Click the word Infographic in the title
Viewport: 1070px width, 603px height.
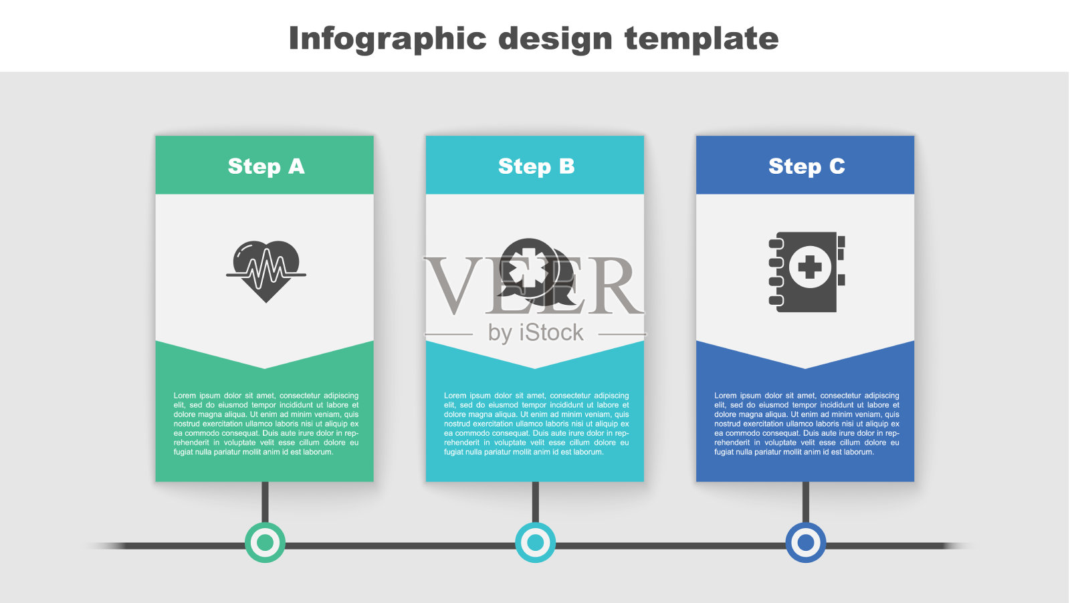pyautogui.click(x=387, y=39)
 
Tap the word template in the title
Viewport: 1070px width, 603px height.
pyautogui.click(x=702, y=39)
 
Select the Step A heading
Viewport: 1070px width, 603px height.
pyautogui.click(x=266, y=167)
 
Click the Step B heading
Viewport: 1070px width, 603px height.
pyautogui.click(x=536, y=167)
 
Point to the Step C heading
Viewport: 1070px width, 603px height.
pyautogui.click(x=807, y=166)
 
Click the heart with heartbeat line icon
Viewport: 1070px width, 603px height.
pyautogui.click(x=266, y=271)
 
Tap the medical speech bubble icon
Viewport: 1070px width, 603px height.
pyautogui.click(x=536, y=271)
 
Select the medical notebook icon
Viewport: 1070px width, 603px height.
pyautogui.click(x=807, y=271)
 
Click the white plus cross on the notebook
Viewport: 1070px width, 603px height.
pyautogui.click(x=810, y=267)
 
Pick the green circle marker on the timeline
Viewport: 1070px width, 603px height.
pyautogui.click(x=265, y=542)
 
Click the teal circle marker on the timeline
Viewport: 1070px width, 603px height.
pyautogui.click(x=536, y=542)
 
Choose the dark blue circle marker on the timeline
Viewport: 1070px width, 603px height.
pyautogui.click(x=806, y=542)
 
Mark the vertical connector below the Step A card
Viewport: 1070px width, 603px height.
pyautogui.click(x=265, y=502)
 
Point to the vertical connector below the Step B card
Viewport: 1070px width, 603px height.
pyautogui.click(x=536, y=502)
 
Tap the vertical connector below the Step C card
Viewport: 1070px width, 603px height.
pyautogui.click(x=806, y=502)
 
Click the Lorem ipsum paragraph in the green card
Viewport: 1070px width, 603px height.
pyautogui.click(x=266, y=423)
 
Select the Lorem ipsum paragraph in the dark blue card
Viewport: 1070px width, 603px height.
pyautogui.click(x=807, y=423)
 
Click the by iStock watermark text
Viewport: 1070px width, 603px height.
pyautogui.click(x=536, y=333)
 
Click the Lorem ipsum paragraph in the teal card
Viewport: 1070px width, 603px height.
pyautogui.click(x=536, y=423)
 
